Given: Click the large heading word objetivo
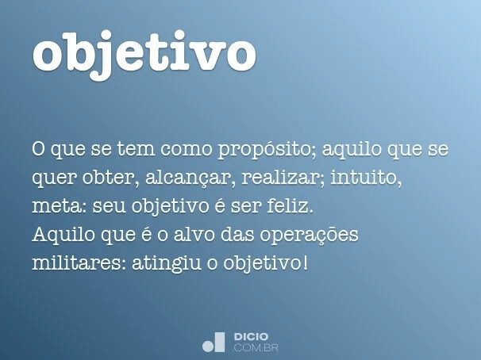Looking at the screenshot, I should point(144,53).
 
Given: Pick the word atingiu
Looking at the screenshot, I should point(173,261).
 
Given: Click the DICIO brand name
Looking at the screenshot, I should point(252,337).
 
